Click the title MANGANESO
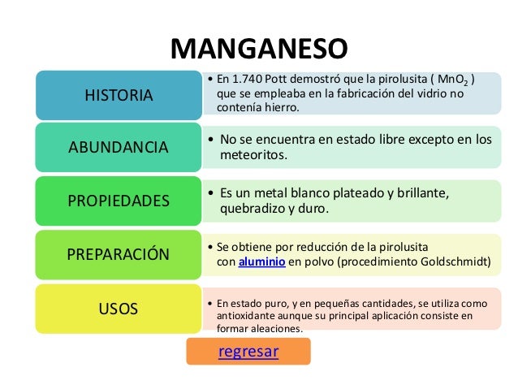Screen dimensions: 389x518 coord(258,49)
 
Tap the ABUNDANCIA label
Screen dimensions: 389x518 coord(118,147)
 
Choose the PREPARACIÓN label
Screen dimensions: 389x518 coord(118,253)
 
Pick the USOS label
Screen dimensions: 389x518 coord(118,308)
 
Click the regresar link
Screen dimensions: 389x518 coord(248,352)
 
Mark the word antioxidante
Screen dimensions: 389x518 coord(248,316)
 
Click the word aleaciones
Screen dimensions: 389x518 coord(274,329)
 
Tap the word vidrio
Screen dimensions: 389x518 coord(433,94)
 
